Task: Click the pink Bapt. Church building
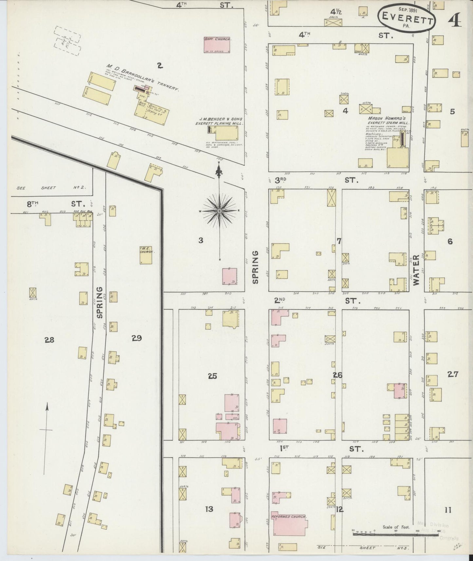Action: (217, 45)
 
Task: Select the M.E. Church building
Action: (146, 255)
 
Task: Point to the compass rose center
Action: (219, 211)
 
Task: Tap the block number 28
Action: (50, 340)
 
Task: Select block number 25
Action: (212, 376)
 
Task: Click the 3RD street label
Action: (281, 180)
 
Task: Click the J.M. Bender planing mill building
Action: (226, 133)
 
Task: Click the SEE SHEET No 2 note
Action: (51, 188)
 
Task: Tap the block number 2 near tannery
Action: (159, 66)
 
